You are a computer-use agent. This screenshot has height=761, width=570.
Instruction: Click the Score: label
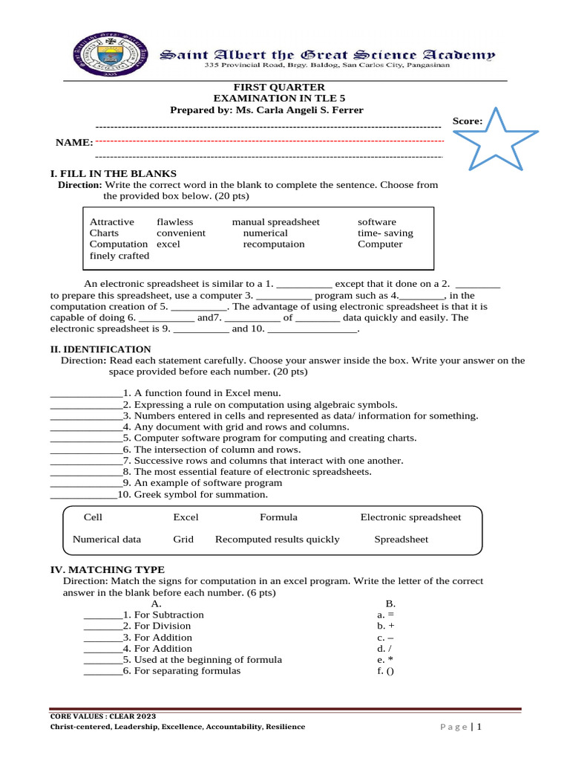pyautogui.click(x=468, y=120)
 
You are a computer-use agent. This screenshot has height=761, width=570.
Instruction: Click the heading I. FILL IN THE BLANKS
pyautogui.click(x=113, y=173)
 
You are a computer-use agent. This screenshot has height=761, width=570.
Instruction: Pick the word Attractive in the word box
pyautogui.click(x=112, y=221)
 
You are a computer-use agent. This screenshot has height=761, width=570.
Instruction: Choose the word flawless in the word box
pyautogui.click(x=174, y=221)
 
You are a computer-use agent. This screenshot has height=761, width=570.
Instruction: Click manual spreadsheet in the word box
pyautogui.click(x=275, y=221)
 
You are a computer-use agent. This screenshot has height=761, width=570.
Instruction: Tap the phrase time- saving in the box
pyautogui.click(x=385, y=233)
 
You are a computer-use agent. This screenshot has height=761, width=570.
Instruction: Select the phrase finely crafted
pyautogui.click(x=119, y=256)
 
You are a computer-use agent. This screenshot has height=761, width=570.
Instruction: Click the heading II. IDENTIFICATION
pyautogui.click(x=100, y=349)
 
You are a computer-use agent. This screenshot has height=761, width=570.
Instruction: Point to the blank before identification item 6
pyautogui.click(x=85, y=450)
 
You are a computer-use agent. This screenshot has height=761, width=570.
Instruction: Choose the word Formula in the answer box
pyautogui.click(x=278, y=517)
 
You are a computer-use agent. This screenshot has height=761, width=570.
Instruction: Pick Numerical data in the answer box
pyautogui.click(x=106, y=540)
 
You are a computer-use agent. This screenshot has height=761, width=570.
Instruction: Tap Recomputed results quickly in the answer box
pyautogui.click(x=277, y=540)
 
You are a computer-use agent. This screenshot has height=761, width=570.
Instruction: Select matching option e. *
pyautogui.click(x=384, y=659)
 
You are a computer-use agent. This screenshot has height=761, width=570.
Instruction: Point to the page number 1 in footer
pyautogui.click(x=480, y=727)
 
